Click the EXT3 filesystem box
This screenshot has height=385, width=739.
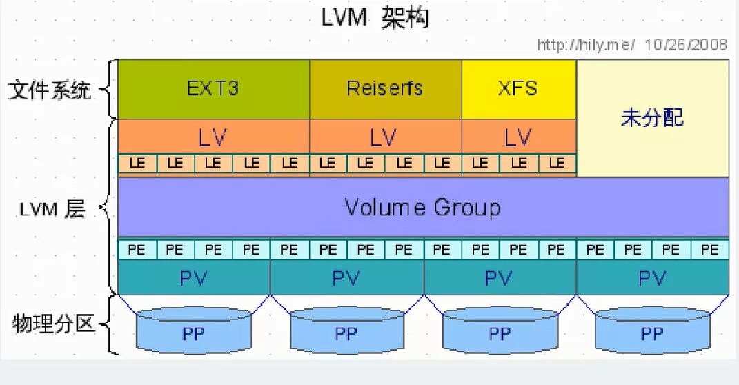click(213, 89)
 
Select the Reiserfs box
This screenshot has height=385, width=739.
click(385, 89)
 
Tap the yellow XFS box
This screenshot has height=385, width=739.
click(518, 89)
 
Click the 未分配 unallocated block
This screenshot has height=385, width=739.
click(652, 117)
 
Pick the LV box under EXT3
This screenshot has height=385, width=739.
click(213, 137)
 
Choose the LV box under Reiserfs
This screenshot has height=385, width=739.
click(384, 137)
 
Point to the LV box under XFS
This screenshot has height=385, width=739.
click(518, 137)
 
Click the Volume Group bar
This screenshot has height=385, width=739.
click(423, 207)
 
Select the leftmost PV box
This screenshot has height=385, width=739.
click(194, 279)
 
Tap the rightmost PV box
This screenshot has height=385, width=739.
click(652, 279)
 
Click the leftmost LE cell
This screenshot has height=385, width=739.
click(137, 164)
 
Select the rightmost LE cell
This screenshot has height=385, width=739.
click(556, 164)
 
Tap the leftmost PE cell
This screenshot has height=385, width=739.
click(137, 250)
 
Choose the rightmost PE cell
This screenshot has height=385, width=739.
click(709, 250)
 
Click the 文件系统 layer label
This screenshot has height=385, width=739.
click(50, 90)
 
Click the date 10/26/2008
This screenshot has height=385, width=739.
click(686, 45)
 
